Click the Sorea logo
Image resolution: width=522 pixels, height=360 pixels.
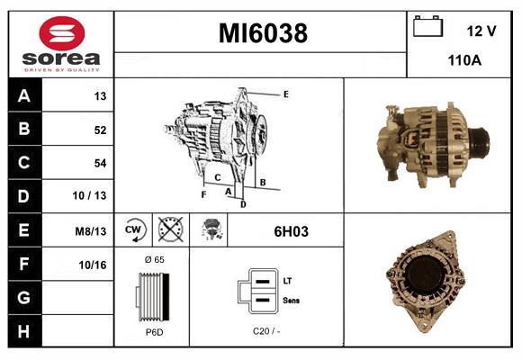pyautogui.click(x=59, y=44)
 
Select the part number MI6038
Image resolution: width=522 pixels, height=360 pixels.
pyautogui.click(x=263, y=34)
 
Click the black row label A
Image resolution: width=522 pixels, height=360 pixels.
pyautogui.click(x=24, y=95)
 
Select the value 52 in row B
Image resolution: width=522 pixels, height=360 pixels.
pyautogui.click(x=100, y=130)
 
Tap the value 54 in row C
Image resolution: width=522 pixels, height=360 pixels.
pyautogui.click(x=100, y=163)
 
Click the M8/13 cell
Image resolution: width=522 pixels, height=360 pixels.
pyautogui.click(x=91, y=231)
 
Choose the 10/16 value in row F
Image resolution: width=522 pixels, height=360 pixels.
pyautogui.click(x=94, y=265)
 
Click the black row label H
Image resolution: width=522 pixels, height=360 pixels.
pyautogui.click(x=24, y=331)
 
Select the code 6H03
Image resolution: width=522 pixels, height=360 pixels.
pyautogui.click(x=291, y=231)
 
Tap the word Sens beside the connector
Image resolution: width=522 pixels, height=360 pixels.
pyautogui.click(x=292, y=301)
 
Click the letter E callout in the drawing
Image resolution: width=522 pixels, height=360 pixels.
pyautogui.click(x=285, y=94)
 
